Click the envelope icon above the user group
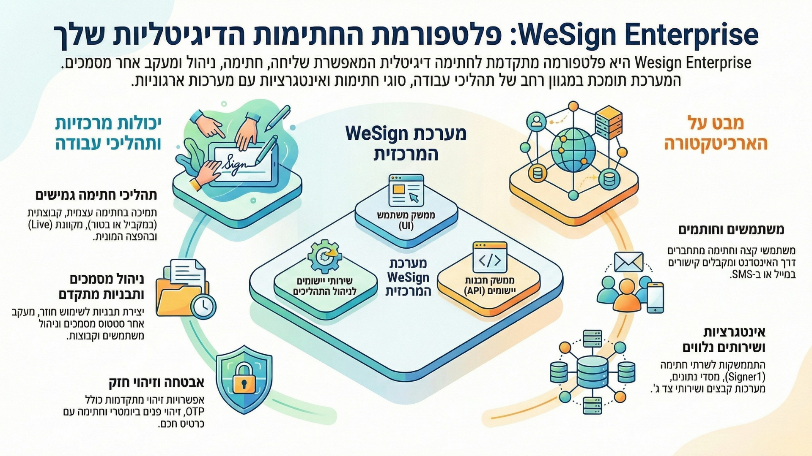tap(628, 262)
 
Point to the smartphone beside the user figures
tap(655, 298)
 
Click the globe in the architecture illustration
tap(573, 150)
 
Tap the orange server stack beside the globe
tap(609, 122)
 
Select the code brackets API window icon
tap(490, 258)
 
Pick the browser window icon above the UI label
tap(406, 190)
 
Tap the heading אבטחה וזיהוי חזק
tap(156, 383)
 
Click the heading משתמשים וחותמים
tap(731, 230)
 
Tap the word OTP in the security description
tap(195, 412)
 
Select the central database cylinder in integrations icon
tap(592, 372)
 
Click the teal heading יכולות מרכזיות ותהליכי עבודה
tap(108, 133)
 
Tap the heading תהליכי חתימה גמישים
tap(96, 195)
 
